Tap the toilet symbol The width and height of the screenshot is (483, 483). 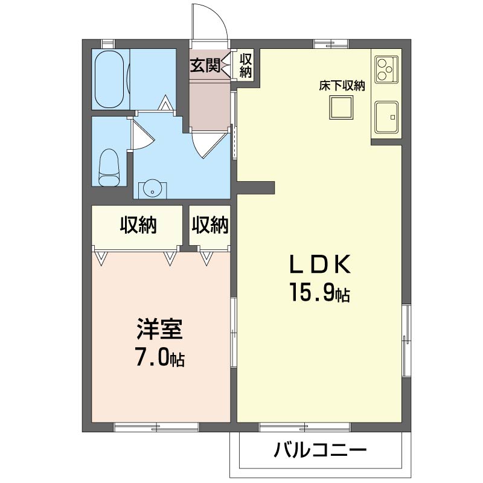[109, 168]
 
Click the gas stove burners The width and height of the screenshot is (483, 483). [386, 69]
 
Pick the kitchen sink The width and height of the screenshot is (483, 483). [386, 117]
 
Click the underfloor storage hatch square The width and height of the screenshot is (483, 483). [341, 107]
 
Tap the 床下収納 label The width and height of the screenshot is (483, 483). [342, 86]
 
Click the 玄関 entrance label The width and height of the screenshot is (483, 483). [205, 65]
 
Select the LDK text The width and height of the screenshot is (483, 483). [320, 264]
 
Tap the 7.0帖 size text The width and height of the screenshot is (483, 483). [160, 357]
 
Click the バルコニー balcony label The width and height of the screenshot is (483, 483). [321, 450]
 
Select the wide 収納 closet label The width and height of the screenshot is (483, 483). [138, 225]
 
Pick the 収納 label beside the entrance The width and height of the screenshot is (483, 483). [246, 65]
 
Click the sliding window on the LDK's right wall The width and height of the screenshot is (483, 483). [406, 340]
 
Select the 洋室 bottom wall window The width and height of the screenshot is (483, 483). [156, 427]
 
